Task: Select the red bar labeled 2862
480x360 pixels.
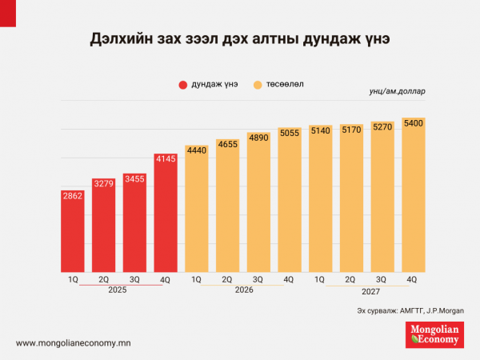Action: pos(73,232)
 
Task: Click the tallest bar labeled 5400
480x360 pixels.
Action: pos(413,196)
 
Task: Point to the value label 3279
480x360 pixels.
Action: pos(104,184)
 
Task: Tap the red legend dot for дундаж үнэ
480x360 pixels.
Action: pos(182,84)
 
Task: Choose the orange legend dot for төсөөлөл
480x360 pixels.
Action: pos(258,84)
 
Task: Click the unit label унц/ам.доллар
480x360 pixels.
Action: pos(398,91)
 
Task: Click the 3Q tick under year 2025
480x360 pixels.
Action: pos(134,279)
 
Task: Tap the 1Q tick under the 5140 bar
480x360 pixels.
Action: pos(320,279)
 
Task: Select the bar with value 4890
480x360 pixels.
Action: pos(258,204)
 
